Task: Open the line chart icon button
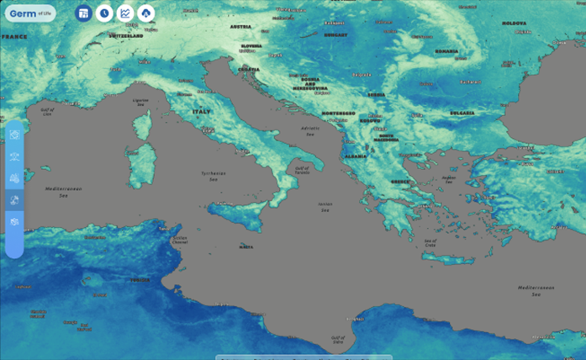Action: pos(125,13)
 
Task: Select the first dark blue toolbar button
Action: pos(83,13)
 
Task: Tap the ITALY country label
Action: pos(202,112)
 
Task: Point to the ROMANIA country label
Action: pos(446,51)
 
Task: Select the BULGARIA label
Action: pos(462,113)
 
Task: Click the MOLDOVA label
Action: pos(514,24)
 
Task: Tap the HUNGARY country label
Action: pos(335,35)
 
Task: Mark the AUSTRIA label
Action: pos(241,26)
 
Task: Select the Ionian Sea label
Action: pos(325,204)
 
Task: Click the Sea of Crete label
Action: pos(431,241)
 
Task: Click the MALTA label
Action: pos(245,246)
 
